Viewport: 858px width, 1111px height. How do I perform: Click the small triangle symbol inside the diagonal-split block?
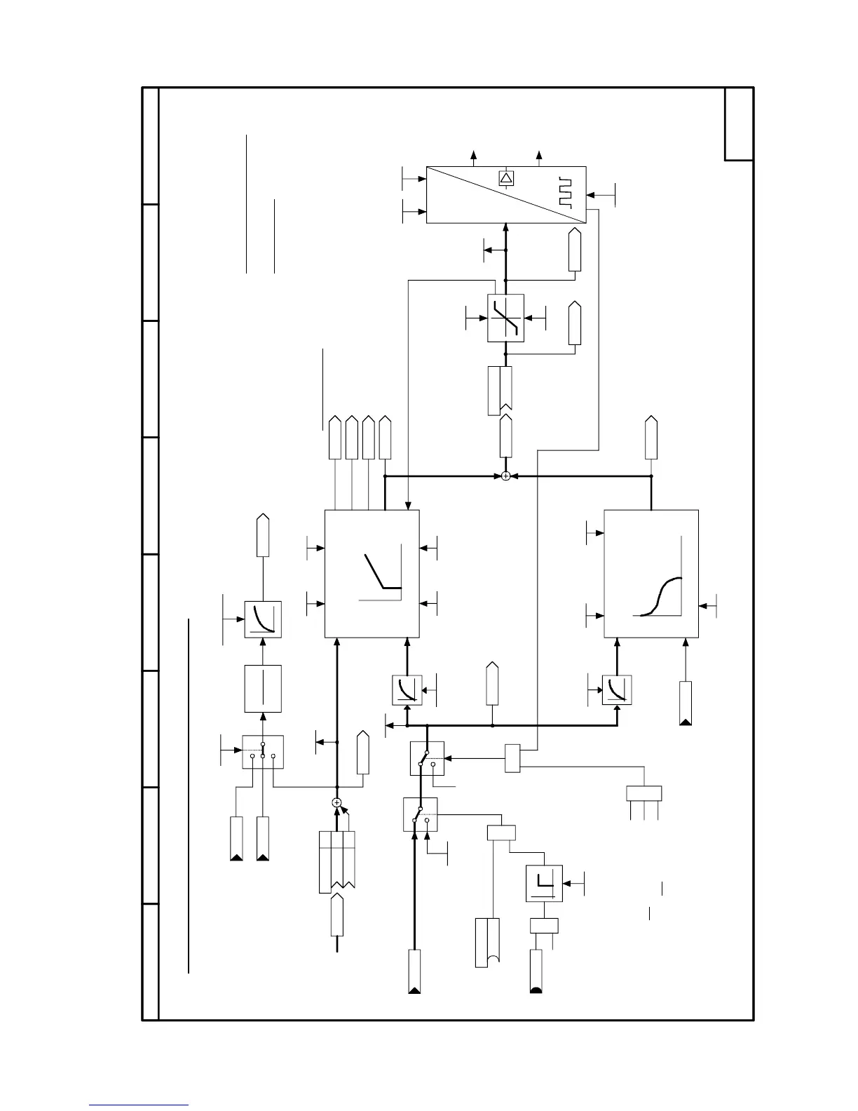point(506,178)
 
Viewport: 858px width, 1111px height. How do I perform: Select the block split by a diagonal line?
point(506,195)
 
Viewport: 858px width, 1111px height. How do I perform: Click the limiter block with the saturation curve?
point(505,318)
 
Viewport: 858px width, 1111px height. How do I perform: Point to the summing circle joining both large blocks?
point(506,476)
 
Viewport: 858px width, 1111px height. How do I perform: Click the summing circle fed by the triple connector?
point(336,802)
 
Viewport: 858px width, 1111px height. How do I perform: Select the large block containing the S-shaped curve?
point(651,574)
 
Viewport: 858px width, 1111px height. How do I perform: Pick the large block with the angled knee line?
point(372,574)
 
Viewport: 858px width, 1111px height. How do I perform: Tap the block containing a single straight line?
point(263,689)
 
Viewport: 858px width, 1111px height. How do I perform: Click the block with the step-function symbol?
point(544,883)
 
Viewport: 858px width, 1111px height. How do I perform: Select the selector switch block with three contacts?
point(263,752)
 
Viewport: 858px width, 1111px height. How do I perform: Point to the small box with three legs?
point(643,793)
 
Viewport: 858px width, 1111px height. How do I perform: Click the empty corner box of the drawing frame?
point(739,124)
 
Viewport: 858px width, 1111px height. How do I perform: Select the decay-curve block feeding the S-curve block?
point(617,690)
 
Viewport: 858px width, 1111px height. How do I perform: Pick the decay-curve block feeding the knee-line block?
point(407,690)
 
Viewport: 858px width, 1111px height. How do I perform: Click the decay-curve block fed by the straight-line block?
point(263,619)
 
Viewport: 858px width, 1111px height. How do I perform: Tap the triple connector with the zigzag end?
point(336,861)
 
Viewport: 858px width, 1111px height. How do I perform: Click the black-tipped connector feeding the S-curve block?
point(686,703)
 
